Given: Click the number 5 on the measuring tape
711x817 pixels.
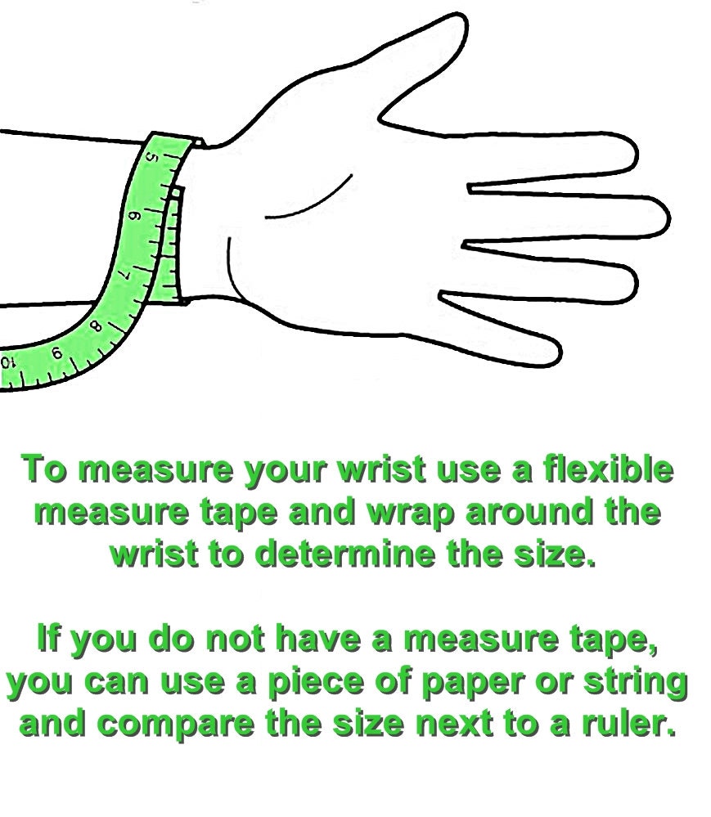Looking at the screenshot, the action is coord(151,157).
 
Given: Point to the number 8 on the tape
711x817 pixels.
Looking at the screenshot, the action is coord(96,326).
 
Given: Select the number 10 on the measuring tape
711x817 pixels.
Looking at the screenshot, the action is coord(7,362).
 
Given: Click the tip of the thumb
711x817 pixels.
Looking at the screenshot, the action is coord(461,20).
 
